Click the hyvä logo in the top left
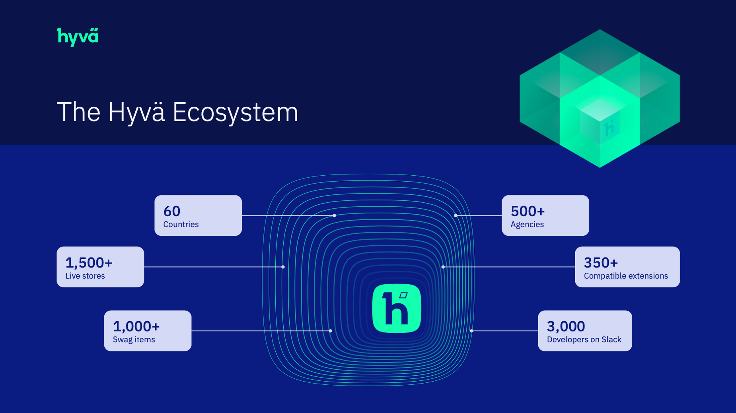point(78,37)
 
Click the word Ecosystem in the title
point(235,112)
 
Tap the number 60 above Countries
point(172,211)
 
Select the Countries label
point(181,225)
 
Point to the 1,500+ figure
point(89,263)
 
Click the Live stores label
point(85,276)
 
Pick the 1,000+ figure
point(136,326)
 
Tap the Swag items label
point(134,339)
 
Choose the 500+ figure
point(528,211)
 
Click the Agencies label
point(527,225)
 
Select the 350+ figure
point(601,263)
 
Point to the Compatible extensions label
point(626,276)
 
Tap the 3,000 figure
point(566,326)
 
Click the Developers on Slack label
point(584,339)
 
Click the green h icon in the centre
point(397,308)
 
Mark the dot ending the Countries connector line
point(335,215)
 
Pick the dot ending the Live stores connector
point(283,267)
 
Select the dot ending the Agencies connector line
point(456,215)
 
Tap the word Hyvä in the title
point(136,112)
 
